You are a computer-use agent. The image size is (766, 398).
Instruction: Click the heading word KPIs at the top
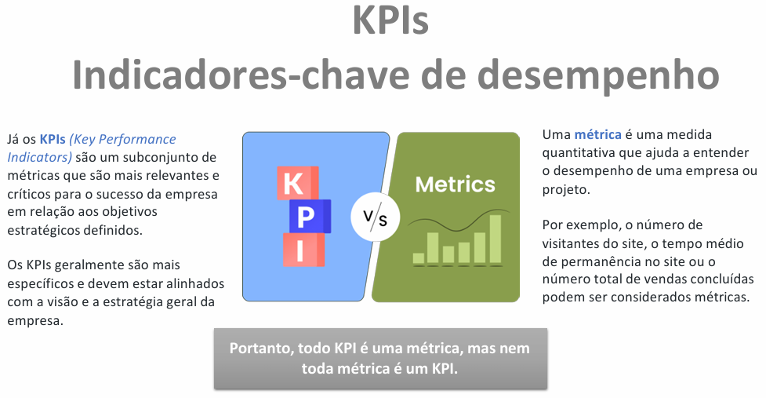tap(390, 20)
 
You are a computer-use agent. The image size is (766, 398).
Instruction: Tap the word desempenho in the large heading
tap(598, 75)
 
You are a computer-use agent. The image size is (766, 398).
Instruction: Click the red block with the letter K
tap(297, 183)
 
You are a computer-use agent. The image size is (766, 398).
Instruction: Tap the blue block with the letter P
tap(310, 216)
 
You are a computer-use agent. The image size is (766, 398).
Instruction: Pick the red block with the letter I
tap(304, 250)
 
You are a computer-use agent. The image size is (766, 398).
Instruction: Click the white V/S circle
tap(376, 217)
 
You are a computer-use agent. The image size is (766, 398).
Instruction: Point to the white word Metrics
tap(455, 184)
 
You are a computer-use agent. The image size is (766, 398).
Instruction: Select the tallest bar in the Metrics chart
tap(496, 239)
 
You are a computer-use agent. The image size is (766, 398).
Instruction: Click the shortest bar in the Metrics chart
tap(419, 258)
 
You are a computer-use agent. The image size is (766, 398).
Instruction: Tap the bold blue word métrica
tap(597, 134)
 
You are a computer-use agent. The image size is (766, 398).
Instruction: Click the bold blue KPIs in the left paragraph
tap(53, 140)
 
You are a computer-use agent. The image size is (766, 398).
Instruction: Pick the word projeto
tap(566, 190)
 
